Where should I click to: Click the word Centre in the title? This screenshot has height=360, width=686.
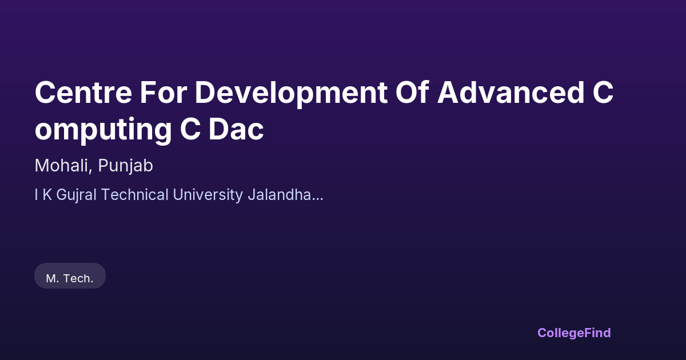click(x=83, y=93)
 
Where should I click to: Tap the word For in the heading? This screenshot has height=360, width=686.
click(x=163, y=93)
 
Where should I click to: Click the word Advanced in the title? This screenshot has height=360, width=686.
click(x=511, y=92)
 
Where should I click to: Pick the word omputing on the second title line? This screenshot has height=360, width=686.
click(x=103, y=130)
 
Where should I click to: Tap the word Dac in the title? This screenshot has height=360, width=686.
click(x=236, y=129)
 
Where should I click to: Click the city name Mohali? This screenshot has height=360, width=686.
click(x=62, y=166)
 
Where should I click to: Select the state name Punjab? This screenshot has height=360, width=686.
click(x=125, y=167)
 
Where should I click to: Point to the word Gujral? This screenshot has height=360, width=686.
click(x=76, y=195)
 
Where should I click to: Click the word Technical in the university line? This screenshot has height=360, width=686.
click(x=135, y=195)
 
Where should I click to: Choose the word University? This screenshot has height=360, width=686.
click(x=208, y=195)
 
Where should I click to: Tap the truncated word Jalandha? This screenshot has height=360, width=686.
click(x=280, y=195)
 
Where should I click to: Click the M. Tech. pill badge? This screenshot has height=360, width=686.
click(x=70, y=275)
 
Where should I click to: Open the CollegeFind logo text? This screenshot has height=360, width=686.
click(x=574, y=333)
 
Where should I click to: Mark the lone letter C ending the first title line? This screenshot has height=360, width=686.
click(x=603, y=93)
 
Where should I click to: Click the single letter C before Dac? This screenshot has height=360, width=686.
click(x=190, y=129)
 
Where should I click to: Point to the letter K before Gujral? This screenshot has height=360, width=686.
click(x=47, y=195)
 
